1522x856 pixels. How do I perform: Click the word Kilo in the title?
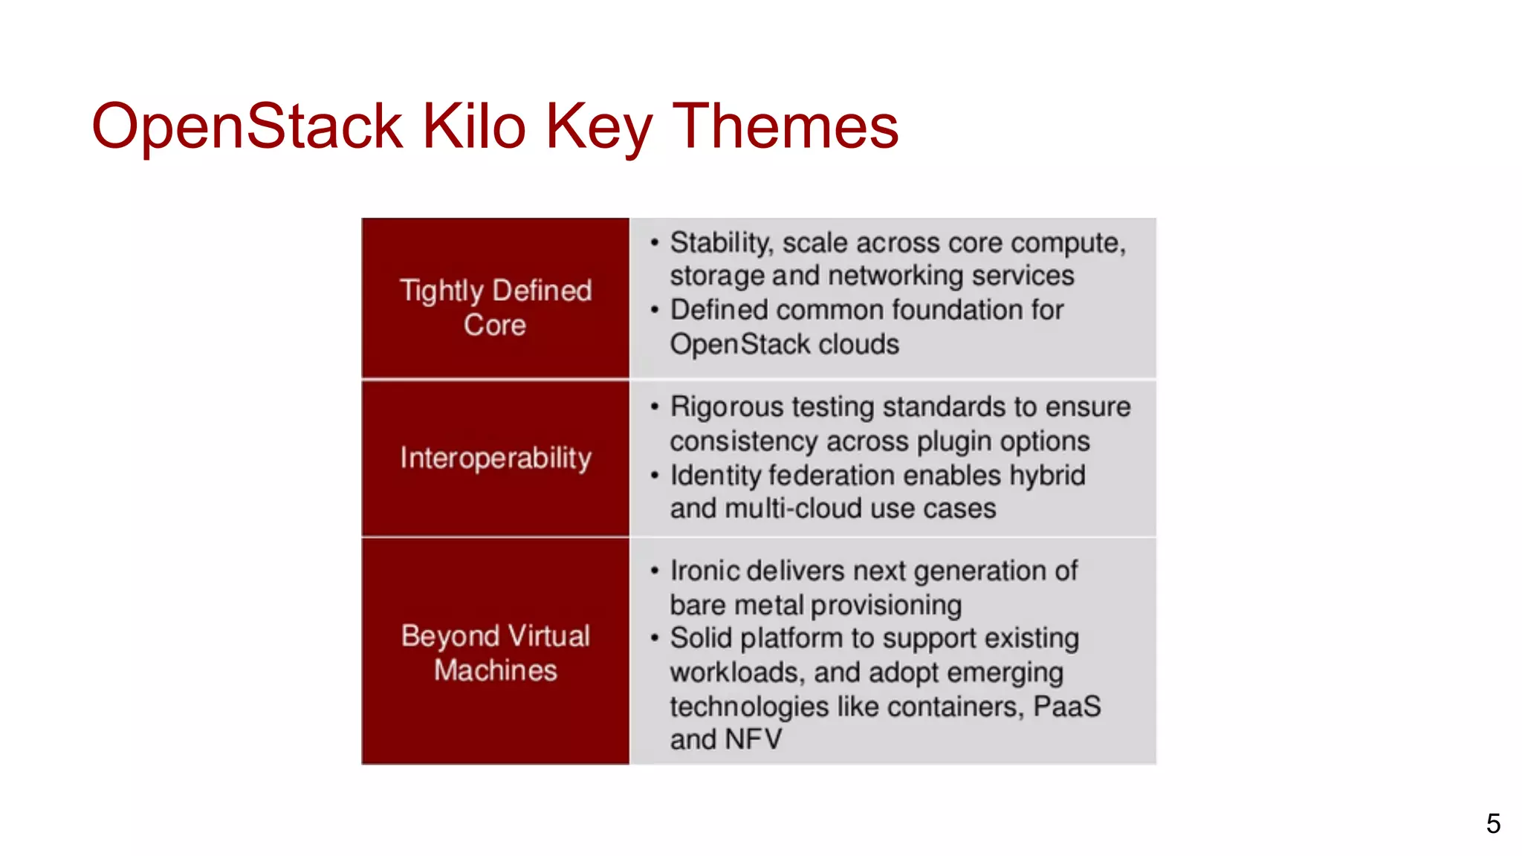pyautogui.click(x=474, y=126)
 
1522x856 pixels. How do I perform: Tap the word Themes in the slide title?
pyautogui.click(x=785, y=126)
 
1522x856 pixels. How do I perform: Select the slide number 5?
pyautogui.click(x=1493, y=823)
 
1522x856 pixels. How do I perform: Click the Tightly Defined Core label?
pyautogui.click(x=495, y=308)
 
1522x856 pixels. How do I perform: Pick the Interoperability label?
pyautogui.click(x=495, y=458)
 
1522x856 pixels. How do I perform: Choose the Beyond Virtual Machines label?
pyautogui.click(x=495, y=653)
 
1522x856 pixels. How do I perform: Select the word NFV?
pyautogui.click(x=753, y=739)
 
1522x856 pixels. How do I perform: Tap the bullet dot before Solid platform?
pyautogui.click(x=654, y=638)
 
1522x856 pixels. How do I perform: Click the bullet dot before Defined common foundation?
pyautogui.click(x=654, y=310)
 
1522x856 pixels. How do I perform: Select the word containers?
pyautogui.click(x=955, y=706)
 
